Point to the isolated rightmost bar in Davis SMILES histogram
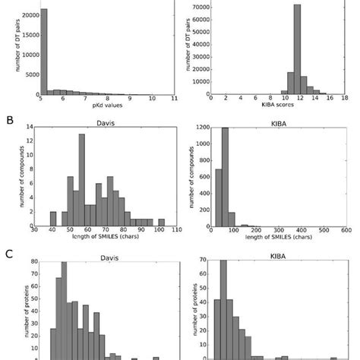(160, 223)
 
